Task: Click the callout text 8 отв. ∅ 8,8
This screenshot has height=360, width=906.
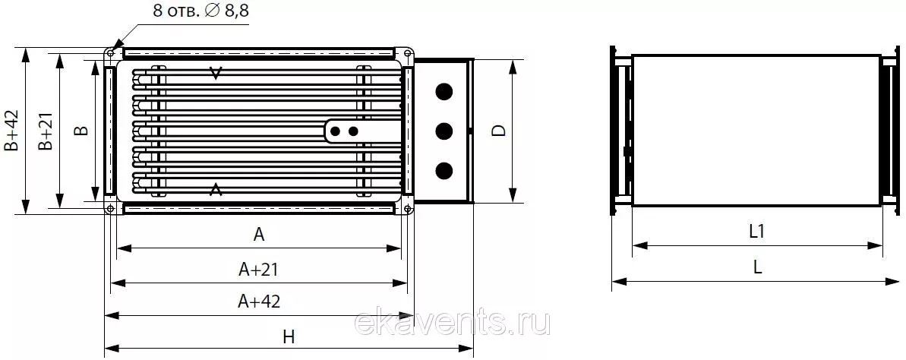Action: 201,11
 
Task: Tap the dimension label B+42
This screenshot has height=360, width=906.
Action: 11,130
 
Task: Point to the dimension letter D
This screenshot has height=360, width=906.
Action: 499,131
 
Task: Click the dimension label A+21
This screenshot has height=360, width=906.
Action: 259,270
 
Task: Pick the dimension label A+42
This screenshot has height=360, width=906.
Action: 259,301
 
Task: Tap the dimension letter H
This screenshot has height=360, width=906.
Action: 289,337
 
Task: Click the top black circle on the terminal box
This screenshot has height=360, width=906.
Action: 444,91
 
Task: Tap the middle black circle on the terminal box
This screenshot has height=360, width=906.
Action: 444,131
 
